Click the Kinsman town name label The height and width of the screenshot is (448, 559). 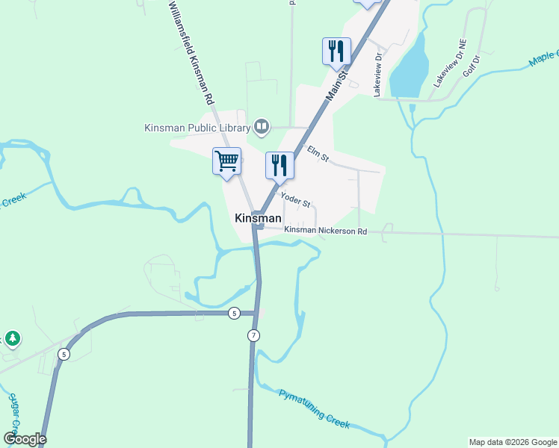coord(258,218)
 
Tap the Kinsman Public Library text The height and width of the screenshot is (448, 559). coord(197,128)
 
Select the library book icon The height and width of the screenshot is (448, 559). coord(262,126)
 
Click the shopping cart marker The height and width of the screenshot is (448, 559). coord(226,161)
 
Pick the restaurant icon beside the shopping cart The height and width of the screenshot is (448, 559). coord(279,165)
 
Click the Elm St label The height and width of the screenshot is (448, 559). coord(318,155)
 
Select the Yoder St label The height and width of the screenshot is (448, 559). coord(295,200)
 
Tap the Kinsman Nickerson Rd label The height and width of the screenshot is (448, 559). coord(326,231)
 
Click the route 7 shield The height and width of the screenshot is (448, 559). coord(254,336)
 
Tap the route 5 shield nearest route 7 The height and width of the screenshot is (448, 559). coord(235,313)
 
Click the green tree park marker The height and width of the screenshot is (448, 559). coord(13,339)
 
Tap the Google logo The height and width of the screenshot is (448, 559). coord(25,439)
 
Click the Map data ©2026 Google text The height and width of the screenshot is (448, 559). coord(512,442)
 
